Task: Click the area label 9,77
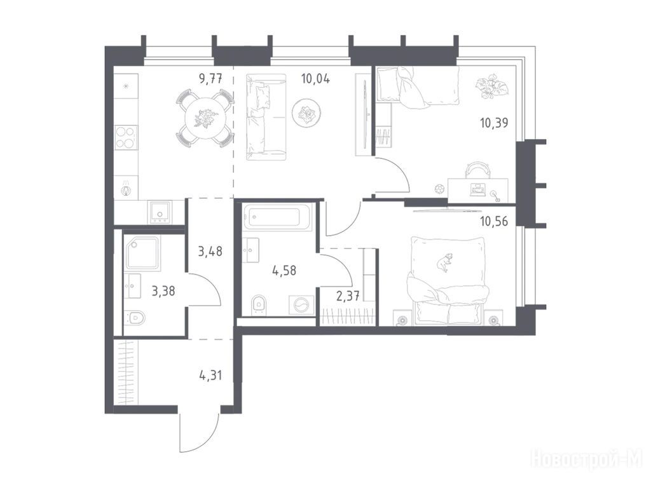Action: point(210,78)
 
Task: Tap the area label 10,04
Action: point(315,78)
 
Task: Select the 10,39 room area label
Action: point(494,123)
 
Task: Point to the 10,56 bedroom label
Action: point(494,221)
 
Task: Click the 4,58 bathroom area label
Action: point(284,271)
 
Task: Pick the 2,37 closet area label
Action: point(348,296)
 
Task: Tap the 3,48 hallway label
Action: point(210,251)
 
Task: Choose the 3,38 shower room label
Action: point(163,291)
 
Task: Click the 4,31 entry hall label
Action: point(210,376)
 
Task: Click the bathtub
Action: point(277,217)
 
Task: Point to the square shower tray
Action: point(142,254)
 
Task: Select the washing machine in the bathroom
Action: point(301,306)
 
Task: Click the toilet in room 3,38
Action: point(135,318)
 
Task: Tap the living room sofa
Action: point(266,117)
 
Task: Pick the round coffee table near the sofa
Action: point(306,112)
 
